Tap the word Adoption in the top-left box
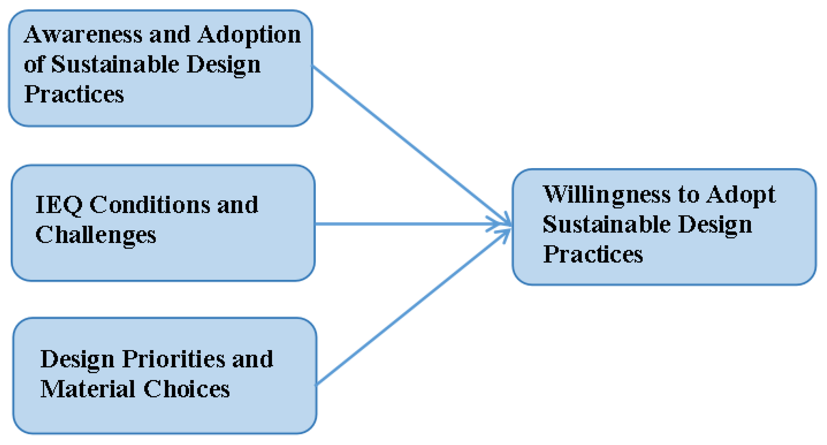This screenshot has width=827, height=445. (x=249, y=35)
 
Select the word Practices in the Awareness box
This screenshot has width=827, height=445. (x=74, y=94)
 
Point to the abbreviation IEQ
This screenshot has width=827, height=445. (x=59, y=205)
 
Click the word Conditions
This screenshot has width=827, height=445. (x=150, y=205)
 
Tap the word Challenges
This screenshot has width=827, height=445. (x=96, y=235)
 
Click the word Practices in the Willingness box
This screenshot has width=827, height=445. (x=593, y=254)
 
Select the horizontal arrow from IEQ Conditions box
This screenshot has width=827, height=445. (x=407, y=224)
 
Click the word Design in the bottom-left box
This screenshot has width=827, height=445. (x=77, y=359)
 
